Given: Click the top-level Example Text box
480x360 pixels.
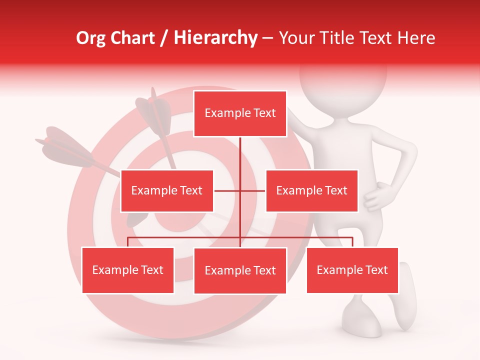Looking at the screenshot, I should [x=240, y=113].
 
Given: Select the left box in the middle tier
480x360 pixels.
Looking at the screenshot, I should [x=167, y=190].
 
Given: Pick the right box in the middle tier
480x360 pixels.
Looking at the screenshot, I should [x=311, y=190].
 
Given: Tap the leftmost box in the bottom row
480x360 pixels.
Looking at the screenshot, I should [x=128, y=270].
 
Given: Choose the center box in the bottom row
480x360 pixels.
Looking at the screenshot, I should [x=240, y=270].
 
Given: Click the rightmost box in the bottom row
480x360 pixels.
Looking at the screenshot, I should [x=352, y=270].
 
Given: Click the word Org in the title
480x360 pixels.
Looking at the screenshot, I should [x=90, y=38].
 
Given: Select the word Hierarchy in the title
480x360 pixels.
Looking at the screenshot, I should [x=215, y=38].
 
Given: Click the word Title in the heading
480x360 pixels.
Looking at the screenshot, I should [x=339, y=38].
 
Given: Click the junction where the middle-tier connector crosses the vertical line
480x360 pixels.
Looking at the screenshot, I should [x=240, y=190].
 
